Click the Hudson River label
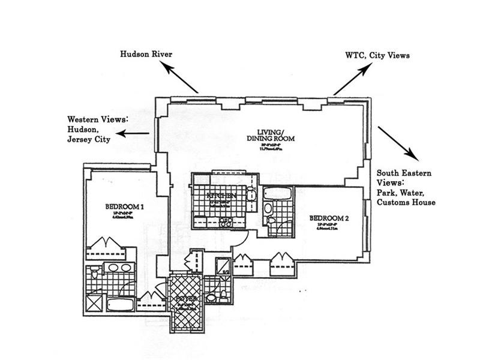[146, 54]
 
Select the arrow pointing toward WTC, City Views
[352, 80]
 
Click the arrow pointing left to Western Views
[133, 133]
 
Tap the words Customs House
[406, 203]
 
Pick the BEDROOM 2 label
[329, 218]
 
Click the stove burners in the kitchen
[226, 221]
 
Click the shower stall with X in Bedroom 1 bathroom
[94, 303]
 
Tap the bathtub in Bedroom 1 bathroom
[119, 304]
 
